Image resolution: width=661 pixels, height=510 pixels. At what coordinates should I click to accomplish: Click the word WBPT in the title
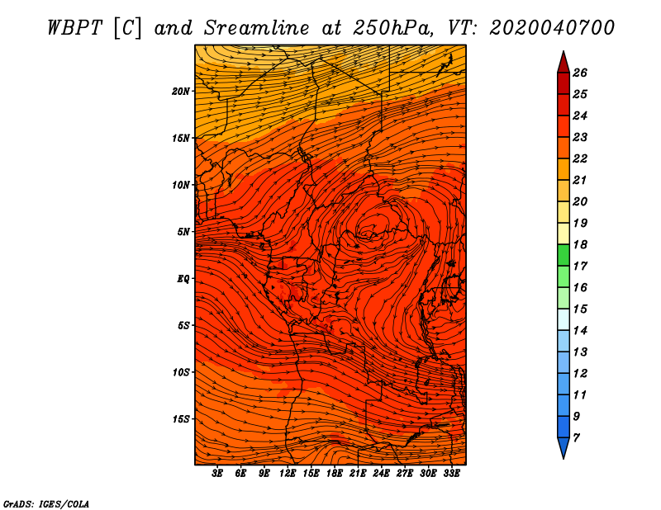coord(74,28)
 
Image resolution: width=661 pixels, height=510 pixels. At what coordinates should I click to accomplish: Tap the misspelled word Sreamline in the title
coord(257,28)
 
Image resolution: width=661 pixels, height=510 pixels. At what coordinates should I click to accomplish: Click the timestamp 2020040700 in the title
coord(552,28)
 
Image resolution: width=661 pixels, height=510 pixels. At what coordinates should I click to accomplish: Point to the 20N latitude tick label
coord(180,92)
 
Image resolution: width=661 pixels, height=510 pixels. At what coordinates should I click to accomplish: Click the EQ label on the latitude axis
coord(183,279)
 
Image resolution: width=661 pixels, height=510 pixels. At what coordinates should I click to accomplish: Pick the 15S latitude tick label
coord(181,419)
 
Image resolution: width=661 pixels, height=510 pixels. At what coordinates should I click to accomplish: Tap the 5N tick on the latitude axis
coord(183,232)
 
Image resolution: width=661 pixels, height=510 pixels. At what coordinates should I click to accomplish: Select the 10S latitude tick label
coord(181,372)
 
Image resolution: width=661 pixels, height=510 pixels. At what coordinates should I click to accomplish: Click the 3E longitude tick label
coord(217,474)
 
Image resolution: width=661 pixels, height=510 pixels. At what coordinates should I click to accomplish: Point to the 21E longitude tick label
coord(358,474)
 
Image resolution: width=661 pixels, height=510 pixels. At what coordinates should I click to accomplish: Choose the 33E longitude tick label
coord(451,474)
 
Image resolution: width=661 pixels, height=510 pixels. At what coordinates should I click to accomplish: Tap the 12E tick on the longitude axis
coord(287,474)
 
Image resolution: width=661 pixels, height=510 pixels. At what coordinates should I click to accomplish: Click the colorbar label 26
coord(580,73)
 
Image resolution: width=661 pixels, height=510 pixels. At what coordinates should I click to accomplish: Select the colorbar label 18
coord(580,244)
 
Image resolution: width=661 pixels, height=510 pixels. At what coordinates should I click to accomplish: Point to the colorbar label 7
coord(576,438)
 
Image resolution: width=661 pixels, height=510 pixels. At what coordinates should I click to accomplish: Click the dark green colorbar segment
coord(564,255)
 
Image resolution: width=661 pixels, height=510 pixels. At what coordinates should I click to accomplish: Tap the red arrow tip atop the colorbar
coord(564,51)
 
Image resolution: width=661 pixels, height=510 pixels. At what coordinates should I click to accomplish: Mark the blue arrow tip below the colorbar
coord(564,458)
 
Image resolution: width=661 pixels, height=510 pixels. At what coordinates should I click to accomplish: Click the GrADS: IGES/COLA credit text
coord(46,504)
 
